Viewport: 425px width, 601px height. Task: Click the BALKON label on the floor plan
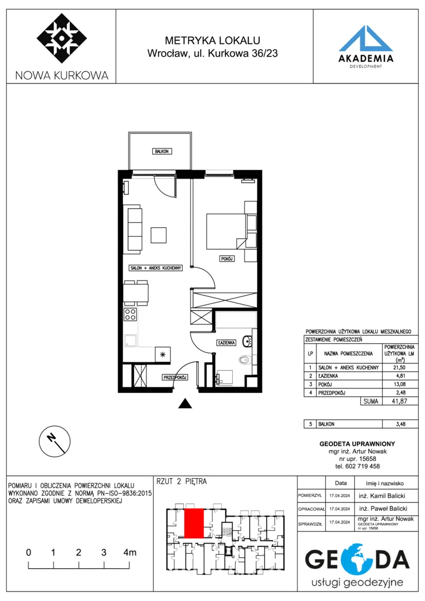[x=162, y=151]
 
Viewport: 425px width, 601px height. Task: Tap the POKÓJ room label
[x=227, y=259]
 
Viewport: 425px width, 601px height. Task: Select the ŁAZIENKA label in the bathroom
[x=226, y=342]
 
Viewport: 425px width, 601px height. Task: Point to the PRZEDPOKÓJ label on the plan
[x=175, y=377]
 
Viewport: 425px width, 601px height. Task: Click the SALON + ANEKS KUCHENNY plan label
[x=155, y=268]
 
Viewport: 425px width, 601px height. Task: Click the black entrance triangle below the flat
[x=185, y=403]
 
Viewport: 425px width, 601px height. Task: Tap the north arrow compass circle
[x=55, y=441]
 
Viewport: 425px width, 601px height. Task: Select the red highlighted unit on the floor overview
[x=194, y=523]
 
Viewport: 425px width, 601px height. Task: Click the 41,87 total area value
[x=399, y=401]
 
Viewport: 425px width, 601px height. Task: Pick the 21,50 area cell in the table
[x=399, y=368]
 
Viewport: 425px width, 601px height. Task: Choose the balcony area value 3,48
[x=400, y=424]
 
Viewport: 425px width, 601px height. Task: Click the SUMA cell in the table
[x=370, y=401]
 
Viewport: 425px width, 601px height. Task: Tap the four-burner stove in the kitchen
[x=130, y=314]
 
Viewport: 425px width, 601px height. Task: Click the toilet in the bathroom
[x=245, y=359]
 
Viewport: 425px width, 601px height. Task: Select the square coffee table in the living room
[x=158, y=235]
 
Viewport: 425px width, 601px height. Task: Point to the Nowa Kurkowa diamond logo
[x=62, y=38]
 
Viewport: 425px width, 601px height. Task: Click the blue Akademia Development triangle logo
[x=365, y=38]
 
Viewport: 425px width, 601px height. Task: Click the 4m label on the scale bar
[x=130, y=553]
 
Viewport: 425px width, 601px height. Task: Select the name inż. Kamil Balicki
[x=382, y=496]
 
